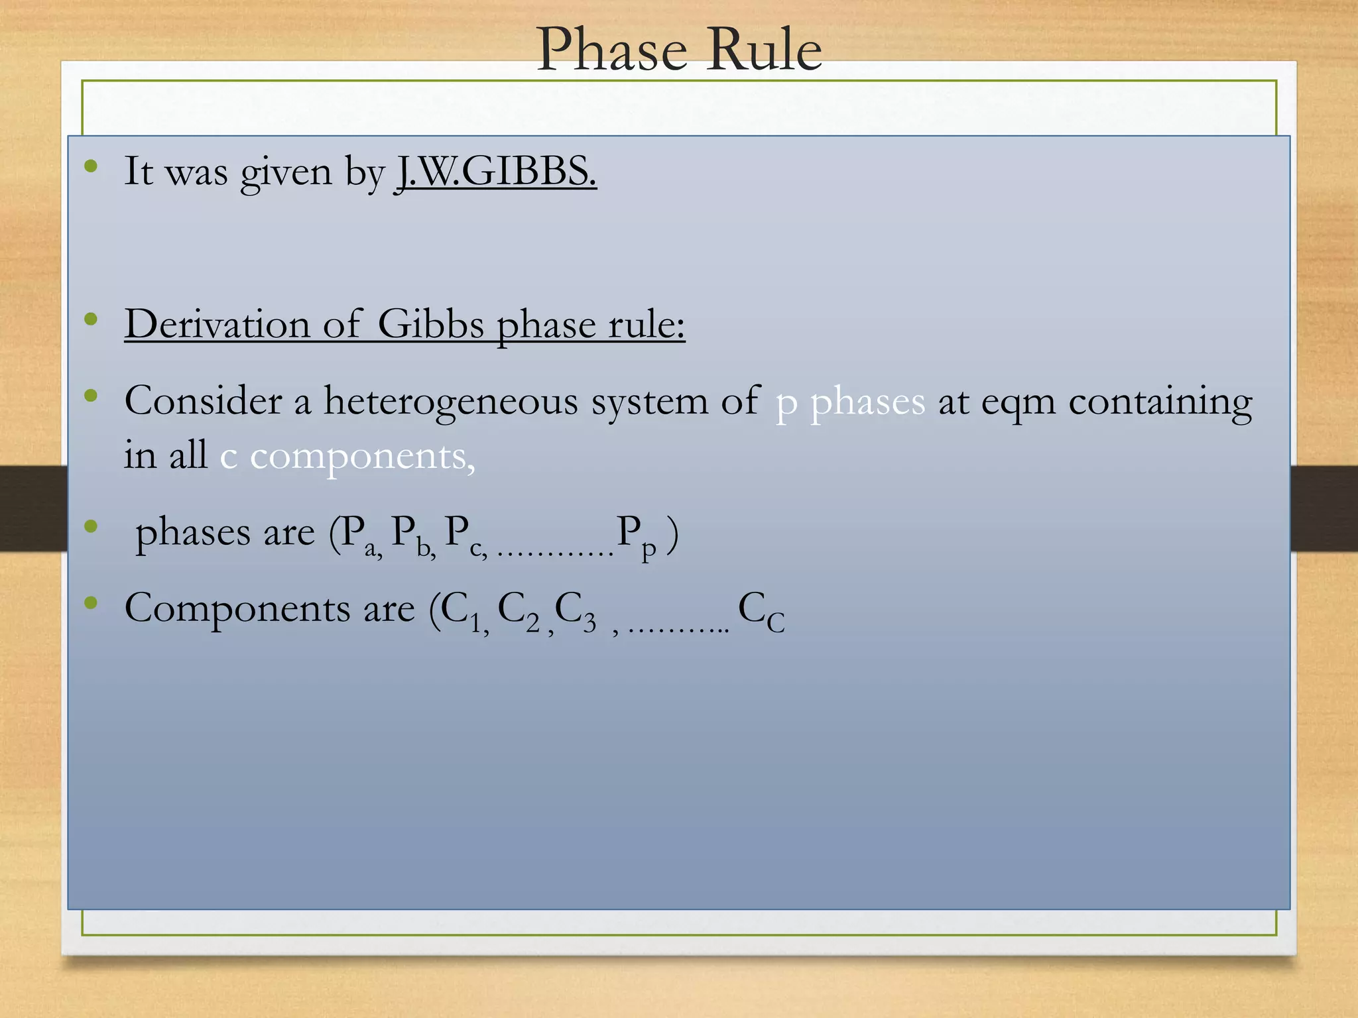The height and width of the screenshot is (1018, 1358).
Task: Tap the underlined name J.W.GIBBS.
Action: (496, 172)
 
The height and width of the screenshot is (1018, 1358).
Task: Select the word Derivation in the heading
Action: (217, 325)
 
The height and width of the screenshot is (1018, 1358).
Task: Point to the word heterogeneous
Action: (450, 402)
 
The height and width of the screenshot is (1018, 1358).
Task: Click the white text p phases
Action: (850, 402)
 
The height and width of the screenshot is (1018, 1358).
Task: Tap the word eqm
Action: (1018, 402)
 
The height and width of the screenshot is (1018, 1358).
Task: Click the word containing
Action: (1160, 402)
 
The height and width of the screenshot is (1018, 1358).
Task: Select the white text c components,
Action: (347, 456)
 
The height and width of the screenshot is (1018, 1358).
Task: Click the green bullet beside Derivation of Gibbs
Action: (92, 320)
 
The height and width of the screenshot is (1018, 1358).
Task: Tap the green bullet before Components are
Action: (92, 603)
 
